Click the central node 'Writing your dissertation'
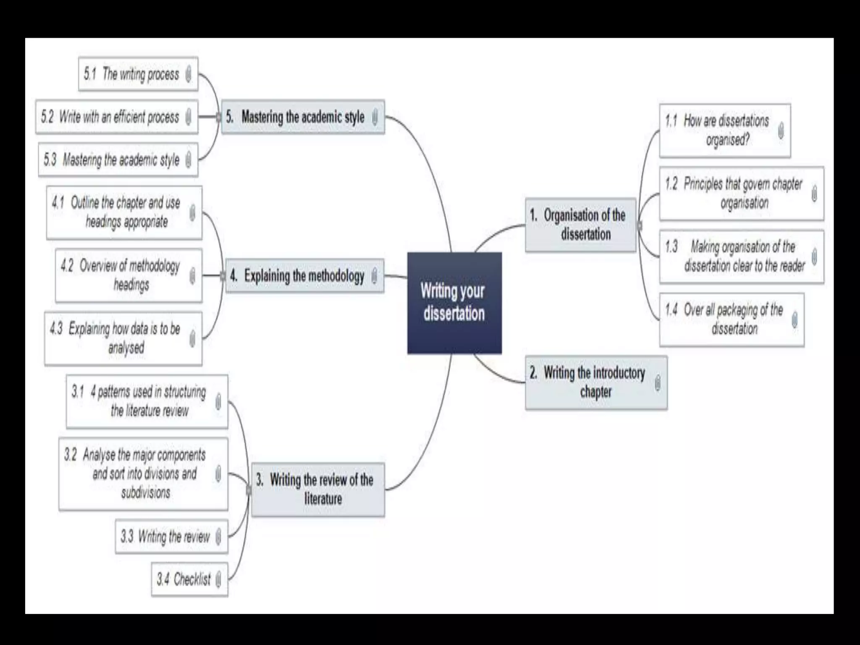coord(454,303)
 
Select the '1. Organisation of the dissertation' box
coord(581,225)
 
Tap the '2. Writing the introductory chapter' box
coord(596,383)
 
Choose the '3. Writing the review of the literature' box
coord(318,489)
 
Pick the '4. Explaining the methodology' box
coord(304,276)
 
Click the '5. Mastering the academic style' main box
coord(303,117)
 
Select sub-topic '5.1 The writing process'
coord(138,74)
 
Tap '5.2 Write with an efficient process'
coord(116,117)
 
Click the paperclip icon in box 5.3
coord(189,160)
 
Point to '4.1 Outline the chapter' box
coord(124,212)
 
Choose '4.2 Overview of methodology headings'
coord(128,275)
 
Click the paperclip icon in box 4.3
coord(192,338)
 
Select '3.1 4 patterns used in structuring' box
coord(147,401)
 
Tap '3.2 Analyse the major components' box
coord(143,474)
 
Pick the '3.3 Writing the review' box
coord(171,536)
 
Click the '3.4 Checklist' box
coord(189,579)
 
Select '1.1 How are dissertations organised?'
coord(725,131)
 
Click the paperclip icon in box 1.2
coord(814,194)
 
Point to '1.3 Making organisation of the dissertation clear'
coord(741,257)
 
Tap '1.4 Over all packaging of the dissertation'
coord(732,320)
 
